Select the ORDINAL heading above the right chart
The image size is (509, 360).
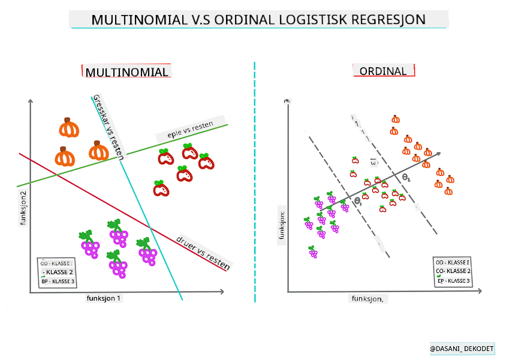[x=382, y=71]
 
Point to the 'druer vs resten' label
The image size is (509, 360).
[x=203, y=251]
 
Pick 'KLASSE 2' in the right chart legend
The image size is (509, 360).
[x=453, y=271]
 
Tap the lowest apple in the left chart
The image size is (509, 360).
[x=161, y=188]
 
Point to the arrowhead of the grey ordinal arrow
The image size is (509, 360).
[x=439, y=154]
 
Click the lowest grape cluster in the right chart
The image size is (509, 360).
[x=312, y=252]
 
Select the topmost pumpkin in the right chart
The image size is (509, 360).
[x=395, y=119]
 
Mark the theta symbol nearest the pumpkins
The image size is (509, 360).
[x=406, y=178]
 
